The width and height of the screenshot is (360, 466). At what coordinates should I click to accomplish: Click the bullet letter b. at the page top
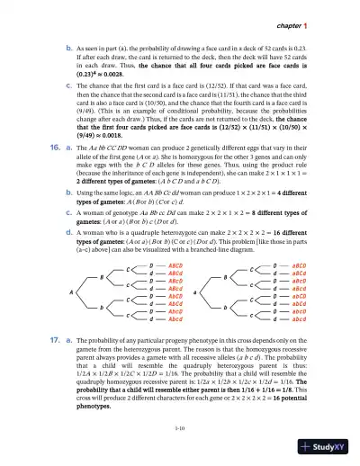tap(58, 41)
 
